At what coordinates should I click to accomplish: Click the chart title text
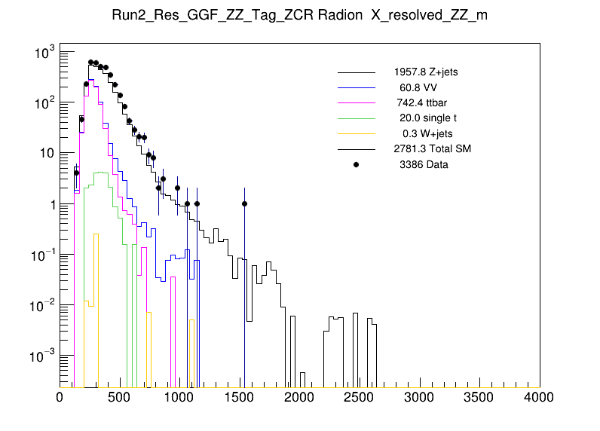pyautogui.click(x=299, y=17)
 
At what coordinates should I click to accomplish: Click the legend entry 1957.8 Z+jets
pyautogui.click(x=425, y=72)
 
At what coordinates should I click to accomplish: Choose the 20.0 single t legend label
pyautogui.click(x=427, y=118)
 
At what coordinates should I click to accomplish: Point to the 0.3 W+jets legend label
pyautogui.click(x=427, y=133)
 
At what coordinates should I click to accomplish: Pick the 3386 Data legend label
pyautogui.click(x=424, y=164)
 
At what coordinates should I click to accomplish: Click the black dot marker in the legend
pyautogui.click(x=356, y=164)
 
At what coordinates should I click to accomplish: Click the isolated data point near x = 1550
pyautogui.click(x=245, y=203)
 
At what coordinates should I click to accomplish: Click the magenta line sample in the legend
pyautogui.click(x=356, y=103)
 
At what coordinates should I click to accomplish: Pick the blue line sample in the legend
pyautogui.click(x=356, y=88)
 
